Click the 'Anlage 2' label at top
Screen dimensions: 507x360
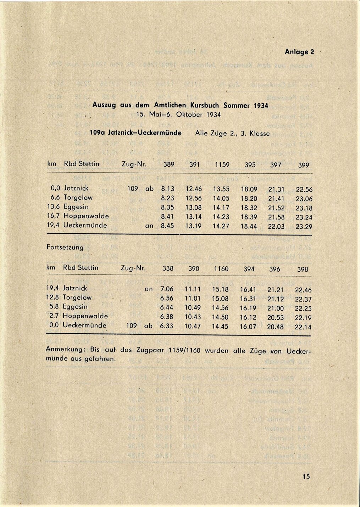tap(299, 52)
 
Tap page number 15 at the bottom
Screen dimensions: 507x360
tap(306, 477)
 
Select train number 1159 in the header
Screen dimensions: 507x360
tap(222, 165)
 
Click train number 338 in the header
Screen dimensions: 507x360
tap(168, 269)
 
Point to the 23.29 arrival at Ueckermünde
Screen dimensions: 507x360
tap(304, 227)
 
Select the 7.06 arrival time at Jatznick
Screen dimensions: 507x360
tap(167, 289)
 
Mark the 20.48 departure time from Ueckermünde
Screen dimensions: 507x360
tap(275, 327)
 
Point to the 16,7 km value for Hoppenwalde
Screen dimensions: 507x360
tap(54, 216)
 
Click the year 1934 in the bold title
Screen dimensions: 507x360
tap(261, 105)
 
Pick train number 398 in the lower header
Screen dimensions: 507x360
tap(303, 269)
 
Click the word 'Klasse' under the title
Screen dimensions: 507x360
tap(260, 134)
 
